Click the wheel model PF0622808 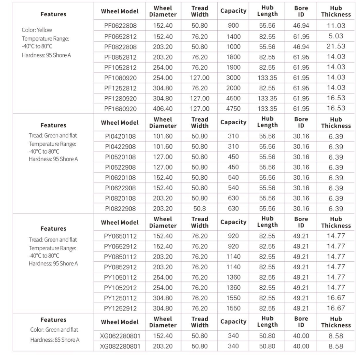120,26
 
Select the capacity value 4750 233,109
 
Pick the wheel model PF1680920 120,109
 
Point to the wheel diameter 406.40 163,109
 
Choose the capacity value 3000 233,78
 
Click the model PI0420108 120,136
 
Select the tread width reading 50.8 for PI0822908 200,209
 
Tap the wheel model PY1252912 120,308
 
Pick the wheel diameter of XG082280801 163,345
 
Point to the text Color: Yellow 37,30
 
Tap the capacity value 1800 233,57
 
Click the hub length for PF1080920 267,78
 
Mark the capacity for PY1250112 233,298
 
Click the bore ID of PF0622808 301,26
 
